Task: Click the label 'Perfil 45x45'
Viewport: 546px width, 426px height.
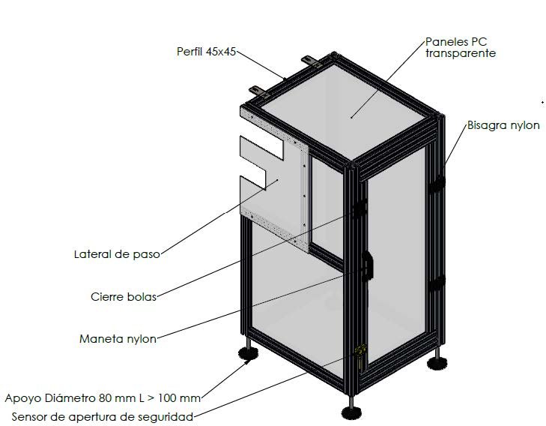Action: (206, 52)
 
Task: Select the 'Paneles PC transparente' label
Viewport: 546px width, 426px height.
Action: (461, 47)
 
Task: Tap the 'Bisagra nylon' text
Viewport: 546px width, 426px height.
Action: (503, 125)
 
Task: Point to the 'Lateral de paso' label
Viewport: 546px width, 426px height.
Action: (117, 254)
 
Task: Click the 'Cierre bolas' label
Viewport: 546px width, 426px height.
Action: (124, 297)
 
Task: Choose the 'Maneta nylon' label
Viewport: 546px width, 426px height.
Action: (118, 339)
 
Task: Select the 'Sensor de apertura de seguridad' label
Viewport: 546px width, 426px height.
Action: (103, 416)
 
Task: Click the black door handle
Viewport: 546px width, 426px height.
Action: (367, 265)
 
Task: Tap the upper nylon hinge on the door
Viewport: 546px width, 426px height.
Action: (437, 184)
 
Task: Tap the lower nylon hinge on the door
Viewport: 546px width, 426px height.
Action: (437, 284)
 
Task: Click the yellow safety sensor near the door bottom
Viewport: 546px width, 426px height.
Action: (360, 352)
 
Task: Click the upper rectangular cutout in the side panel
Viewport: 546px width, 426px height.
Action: (261, 148)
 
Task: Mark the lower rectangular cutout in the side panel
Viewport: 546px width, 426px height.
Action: (252, 182)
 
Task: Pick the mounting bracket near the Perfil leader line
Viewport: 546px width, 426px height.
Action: (258, 91)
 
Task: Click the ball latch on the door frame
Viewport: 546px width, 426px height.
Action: (360, 208)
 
